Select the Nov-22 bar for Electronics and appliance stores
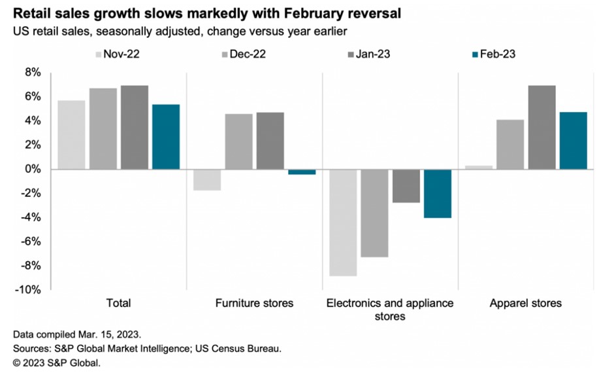343,223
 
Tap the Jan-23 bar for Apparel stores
541,127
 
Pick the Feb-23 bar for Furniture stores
302,172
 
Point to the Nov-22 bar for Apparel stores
479,168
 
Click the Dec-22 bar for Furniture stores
239,141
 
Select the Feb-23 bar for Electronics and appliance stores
437,194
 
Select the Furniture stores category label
254,304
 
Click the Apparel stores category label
525,304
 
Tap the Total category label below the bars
118,304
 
